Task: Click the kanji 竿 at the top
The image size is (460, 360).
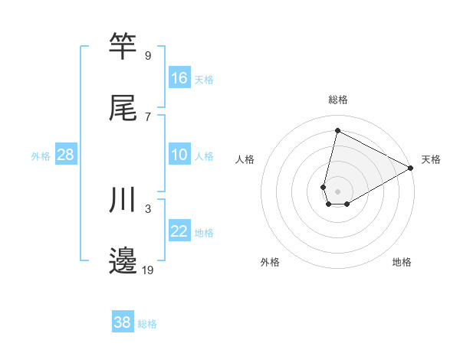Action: pos(123,46)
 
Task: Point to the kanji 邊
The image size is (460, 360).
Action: pos(123,260)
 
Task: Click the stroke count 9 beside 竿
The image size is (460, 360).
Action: pos(148,55)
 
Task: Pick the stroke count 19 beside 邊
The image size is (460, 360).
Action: pos(149,270)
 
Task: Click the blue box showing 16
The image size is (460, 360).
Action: pos(179,78)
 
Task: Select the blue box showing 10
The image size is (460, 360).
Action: pos(179,155)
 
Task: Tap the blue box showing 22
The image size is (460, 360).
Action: pos(179,231)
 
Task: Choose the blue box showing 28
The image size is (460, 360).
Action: pos(66,155)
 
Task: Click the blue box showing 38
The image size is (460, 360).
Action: pos(123,322)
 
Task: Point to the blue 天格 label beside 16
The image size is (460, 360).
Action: pos(204,80)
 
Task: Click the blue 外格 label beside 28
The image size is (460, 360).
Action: pos(41,156)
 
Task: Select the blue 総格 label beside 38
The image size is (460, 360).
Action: pos(147,324)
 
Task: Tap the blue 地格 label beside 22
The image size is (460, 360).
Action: pos(204,233)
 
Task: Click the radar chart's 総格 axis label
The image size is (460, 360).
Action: pos(338,100)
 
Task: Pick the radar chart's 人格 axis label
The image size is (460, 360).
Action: pos(245,159)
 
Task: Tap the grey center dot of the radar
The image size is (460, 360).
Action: pos(337,181)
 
